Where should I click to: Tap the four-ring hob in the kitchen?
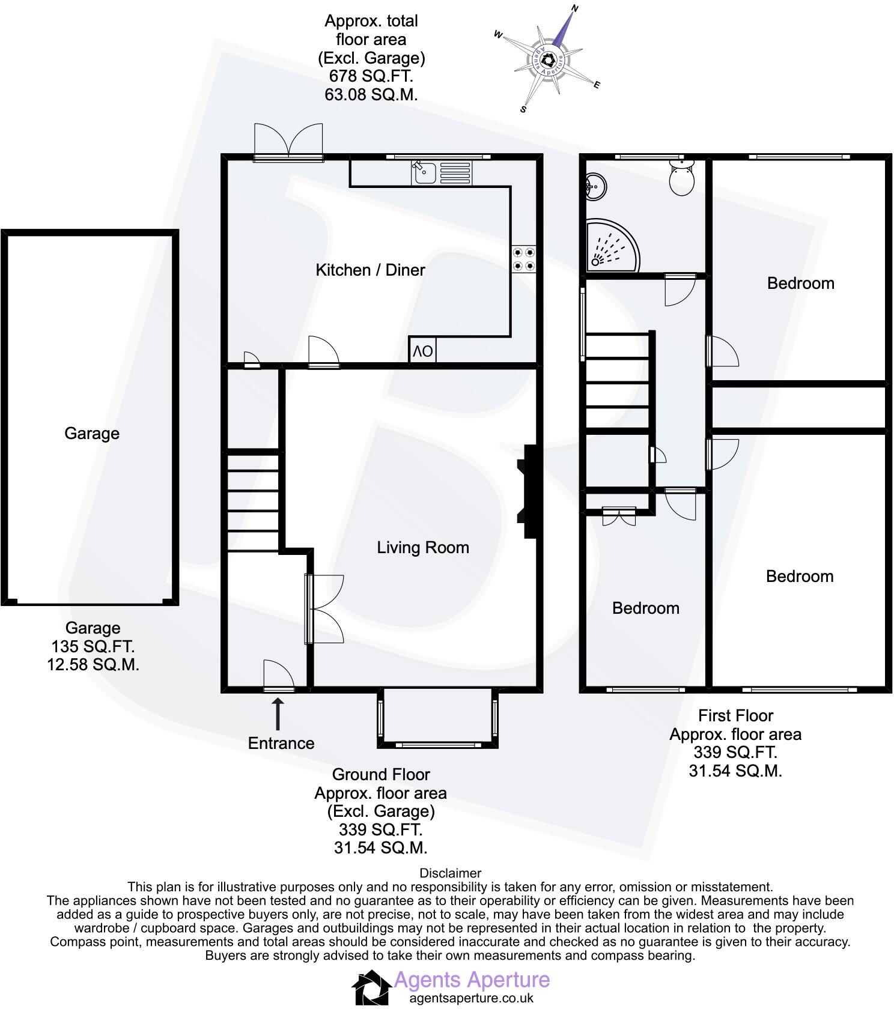[x=523, y=259]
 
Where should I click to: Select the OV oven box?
[x=422, y=351]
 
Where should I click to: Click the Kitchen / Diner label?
[x=370, y=270]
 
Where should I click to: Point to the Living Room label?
[x=422, y=547]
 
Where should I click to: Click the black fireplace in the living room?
[x=529, y=491]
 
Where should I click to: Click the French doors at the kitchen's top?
[x=288, y=142]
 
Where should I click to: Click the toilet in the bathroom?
[x=682, y=177]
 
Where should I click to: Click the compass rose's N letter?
[x=574, y=8]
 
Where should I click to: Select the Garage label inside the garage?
[x=92, y=433]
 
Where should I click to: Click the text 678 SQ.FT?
[x=371, y=76]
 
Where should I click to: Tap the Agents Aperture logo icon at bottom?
[x=370, y=987]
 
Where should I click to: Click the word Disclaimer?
[x=450, y=873]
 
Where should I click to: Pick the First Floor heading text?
[x=735, y=715]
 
